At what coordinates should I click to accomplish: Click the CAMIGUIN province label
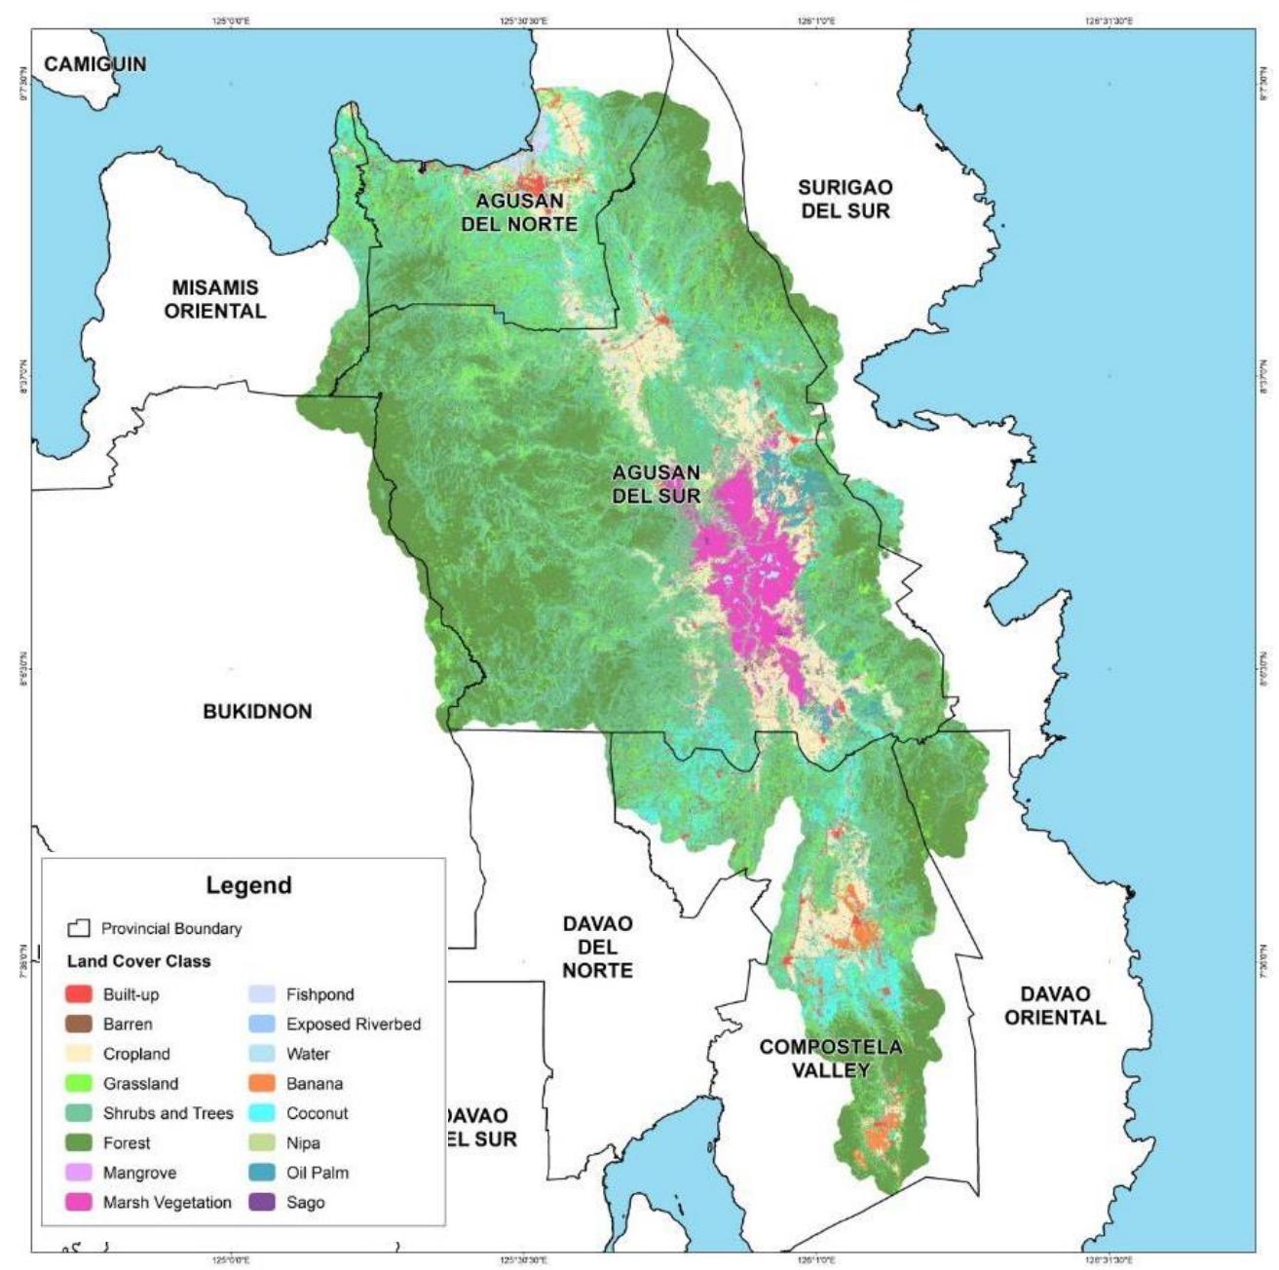pos(95,64)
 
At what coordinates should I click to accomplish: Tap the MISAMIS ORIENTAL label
pos(214,299)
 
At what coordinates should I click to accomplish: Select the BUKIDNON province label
pos(257,711)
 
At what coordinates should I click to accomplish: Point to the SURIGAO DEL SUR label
pos(845,198)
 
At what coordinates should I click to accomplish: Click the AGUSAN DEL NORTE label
pos(525,212)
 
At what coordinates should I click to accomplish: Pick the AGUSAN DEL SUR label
pos(656,483)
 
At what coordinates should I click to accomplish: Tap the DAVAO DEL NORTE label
pos(597,946)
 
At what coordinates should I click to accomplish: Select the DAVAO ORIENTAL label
pos(1055,1005)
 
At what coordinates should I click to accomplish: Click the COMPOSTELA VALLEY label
pos(830,1058)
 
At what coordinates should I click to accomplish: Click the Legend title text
pos(248,885)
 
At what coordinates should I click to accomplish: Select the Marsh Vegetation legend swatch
pos(79,1203)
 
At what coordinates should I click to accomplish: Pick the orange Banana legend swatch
pos(262,1083)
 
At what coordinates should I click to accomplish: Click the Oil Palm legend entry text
pos(317,1173)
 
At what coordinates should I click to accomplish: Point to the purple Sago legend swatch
pos(262,1203)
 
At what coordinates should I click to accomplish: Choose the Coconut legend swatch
pos(262,1113)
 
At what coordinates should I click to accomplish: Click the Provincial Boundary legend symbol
pos(79,928)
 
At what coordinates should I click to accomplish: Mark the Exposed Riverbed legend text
pos(353,1024)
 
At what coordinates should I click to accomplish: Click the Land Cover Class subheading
pos(138,961)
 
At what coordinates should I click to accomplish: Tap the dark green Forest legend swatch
pos(79,1142)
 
